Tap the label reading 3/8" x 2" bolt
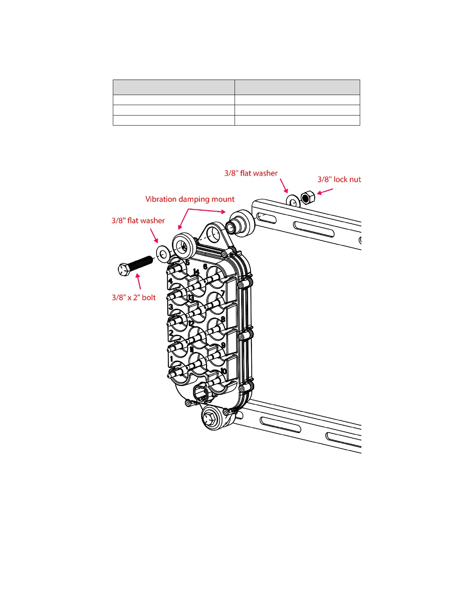coord(134,297)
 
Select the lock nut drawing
coord(308,198)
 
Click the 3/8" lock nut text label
coord(339,179)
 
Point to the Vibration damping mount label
coord(190,199)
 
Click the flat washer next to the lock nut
coord(293,201)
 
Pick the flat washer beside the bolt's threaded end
coord(162,253)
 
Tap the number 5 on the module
coord(187,263)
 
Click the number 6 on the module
coord(205,267)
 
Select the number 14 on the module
coord(196,272)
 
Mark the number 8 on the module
coord(223,320)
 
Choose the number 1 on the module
coord(172,359)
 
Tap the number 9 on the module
coord(223,345)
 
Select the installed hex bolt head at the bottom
coord(211,417)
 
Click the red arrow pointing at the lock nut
coord(325,191)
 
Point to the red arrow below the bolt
coord(138,281)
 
